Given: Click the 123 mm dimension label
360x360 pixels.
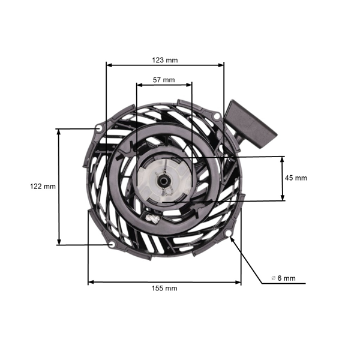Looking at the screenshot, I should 164,60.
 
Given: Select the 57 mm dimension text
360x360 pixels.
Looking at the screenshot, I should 164,80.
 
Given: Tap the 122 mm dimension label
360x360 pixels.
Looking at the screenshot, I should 43,187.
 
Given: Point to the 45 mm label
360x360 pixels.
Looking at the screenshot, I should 296,178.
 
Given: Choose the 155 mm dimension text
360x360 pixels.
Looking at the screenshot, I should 164,288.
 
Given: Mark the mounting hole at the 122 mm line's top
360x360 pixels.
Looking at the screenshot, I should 98,128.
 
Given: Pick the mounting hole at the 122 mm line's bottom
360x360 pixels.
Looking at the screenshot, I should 112,244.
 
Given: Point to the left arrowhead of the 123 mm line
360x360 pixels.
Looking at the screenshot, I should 109,64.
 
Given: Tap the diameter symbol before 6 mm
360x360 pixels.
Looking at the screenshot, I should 274,278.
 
